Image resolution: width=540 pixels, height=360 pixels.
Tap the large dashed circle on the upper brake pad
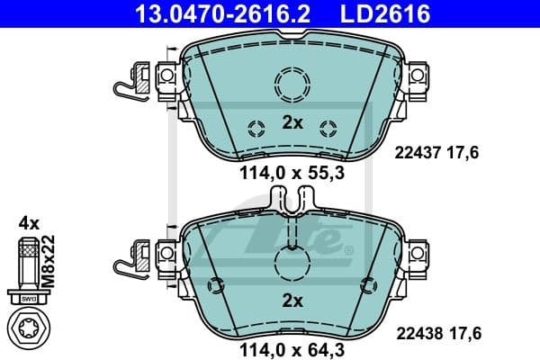291,87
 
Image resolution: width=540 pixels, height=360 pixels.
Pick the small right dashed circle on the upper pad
329,125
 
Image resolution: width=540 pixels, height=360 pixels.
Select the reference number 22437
416,154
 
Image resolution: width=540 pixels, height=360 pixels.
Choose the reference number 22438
416,332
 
